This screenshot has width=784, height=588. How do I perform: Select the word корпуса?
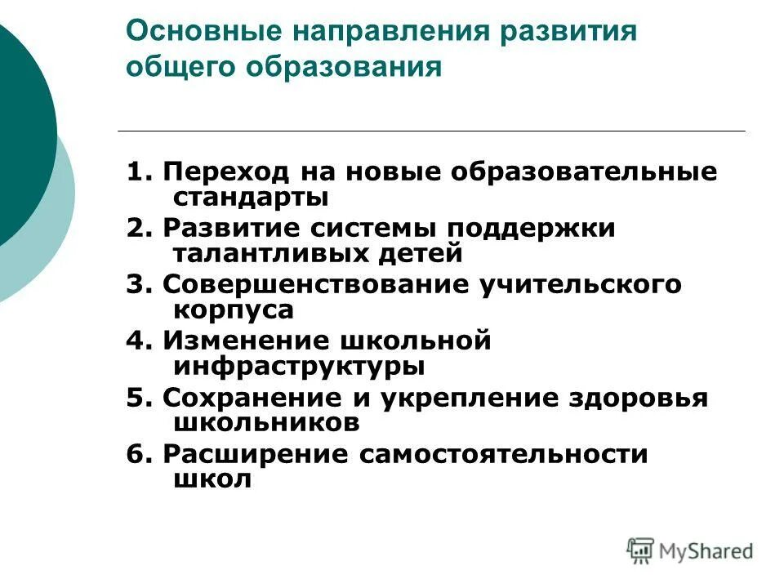click(x=233, y=310)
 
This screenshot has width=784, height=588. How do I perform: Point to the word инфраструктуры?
click(x=299, y=367)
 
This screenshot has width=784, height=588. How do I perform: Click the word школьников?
click(x=266, y=422)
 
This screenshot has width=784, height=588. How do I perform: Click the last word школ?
click(x=212, y=479)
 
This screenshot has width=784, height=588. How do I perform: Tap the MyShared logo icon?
click(x=639, y=550)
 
